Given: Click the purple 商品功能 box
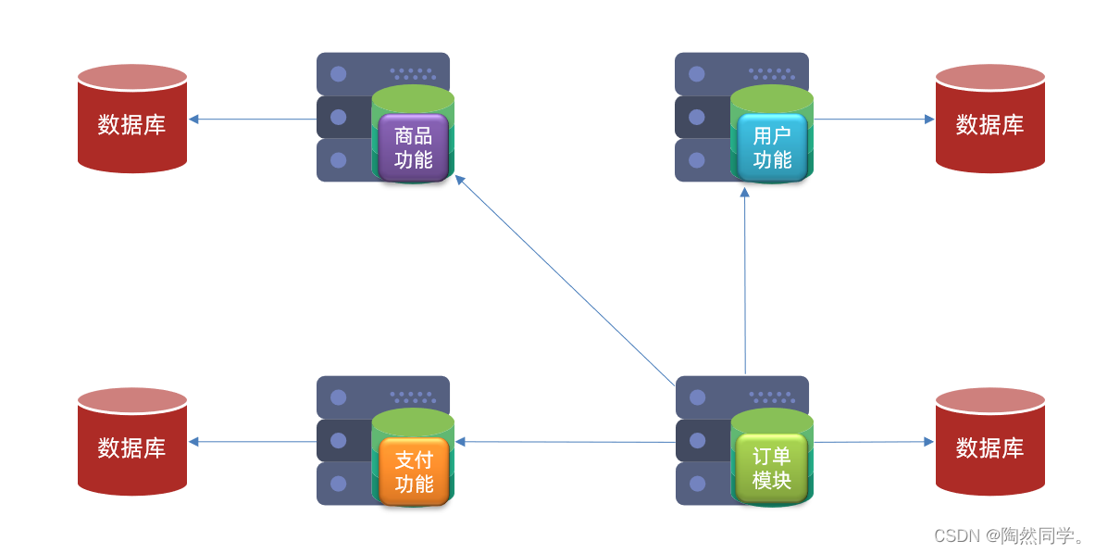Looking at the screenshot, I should click(413, 147).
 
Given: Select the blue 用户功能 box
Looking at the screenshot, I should click(772, 147).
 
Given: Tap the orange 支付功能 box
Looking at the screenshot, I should click(414, 472).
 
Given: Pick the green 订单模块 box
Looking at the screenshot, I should click(772, 469).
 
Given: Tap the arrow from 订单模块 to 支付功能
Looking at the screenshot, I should click(565, 442).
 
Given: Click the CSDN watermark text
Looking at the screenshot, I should click(1009, 535).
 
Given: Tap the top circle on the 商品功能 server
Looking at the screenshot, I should click(338, 74).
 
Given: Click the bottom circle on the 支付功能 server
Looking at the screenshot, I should click(338, 484).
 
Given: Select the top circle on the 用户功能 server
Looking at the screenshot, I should click(696, 74).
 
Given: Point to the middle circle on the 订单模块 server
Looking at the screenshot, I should click(696, 440).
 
